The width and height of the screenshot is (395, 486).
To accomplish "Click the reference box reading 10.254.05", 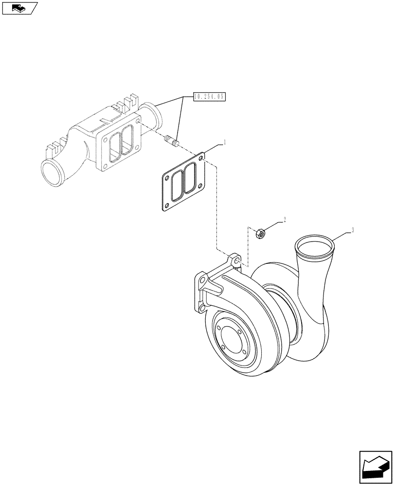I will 210,97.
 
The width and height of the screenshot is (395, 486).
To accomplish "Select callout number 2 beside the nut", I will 285,220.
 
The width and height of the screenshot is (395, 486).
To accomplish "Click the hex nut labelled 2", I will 260,234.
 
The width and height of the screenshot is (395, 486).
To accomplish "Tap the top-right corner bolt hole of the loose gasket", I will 201,157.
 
